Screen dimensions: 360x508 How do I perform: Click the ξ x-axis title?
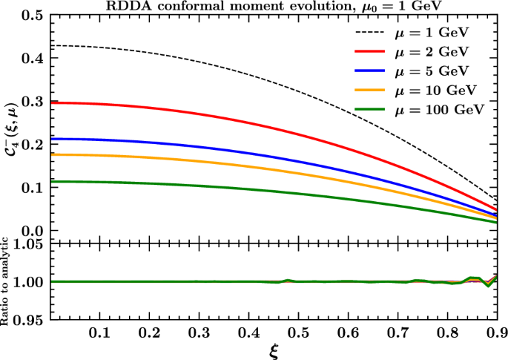pos(275,350)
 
